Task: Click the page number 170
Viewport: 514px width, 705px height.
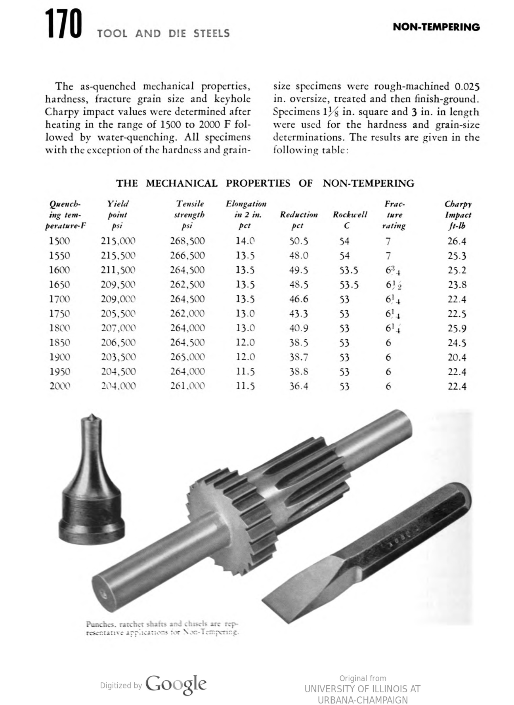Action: [63, 25]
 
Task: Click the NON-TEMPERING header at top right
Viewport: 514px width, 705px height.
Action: [436, 27]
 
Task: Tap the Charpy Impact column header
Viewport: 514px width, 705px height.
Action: [458, 214]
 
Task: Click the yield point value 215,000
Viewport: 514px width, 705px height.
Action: [118, 241]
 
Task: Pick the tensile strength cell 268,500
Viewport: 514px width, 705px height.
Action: [187, 241]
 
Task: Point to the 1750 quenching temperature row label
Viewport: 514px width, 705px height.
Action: [59, 313]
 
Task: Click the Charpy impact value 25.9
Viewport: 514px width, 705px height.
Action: [457, 329]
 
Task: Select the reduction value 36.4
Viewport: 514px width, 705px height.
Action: [298, 386]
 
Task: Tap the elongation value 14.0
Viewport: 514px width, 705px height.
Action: [245, 241]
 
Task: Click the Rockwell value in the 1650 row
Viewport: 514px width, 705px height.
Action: [349, 285]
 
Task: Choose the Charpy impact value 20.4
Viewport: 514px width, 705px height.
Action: [457, 357]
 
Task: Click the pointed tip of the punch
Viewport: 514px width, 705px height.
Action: [92, 417]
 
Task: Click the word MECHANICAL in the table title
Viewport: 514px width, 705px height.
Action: [182, 183]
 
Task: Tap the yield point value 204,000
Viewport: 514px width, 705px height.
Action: [118, 386]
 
